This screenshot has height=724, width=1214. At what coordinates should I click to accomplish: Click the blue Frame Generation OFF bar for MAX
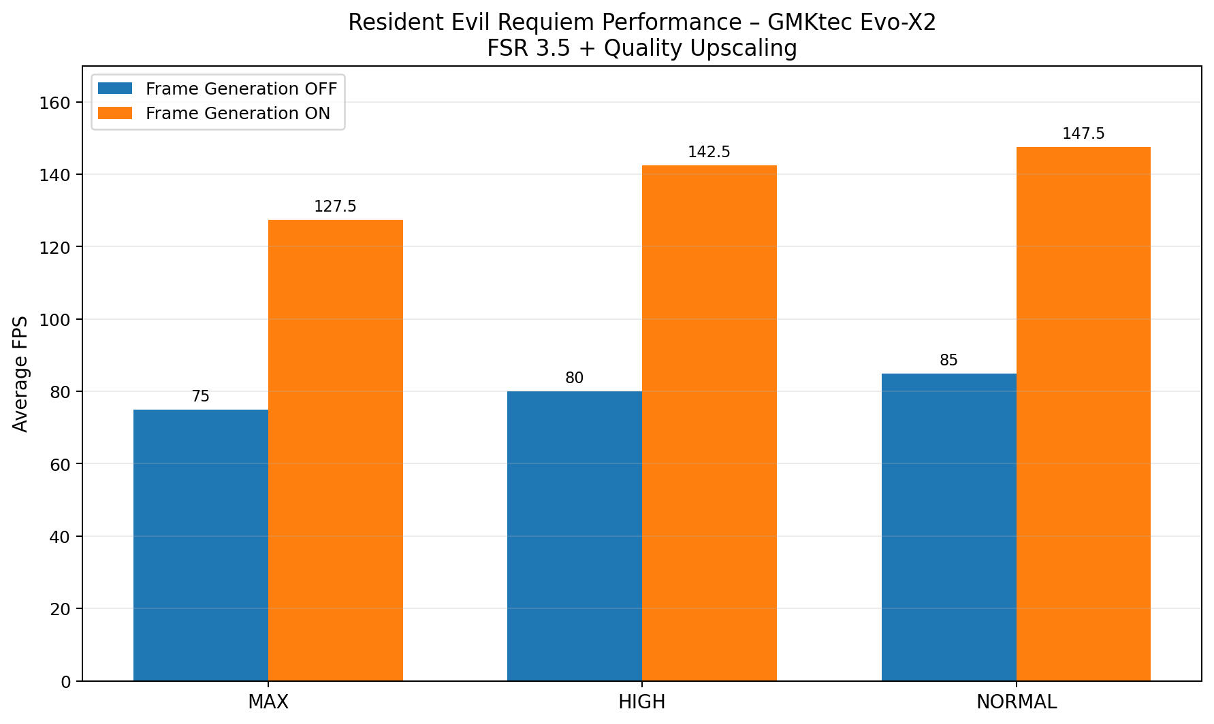201,544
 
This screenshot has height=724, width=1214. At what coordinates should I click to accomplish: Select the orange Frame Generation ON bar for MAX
335,450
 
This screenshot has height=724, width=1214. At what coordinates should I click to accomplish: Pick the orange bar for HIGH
709,423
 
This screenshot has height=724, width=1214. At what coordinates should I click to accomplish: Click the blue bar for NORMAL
948,527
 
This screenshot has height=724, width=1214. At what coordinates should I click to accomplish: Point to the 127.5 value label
335,206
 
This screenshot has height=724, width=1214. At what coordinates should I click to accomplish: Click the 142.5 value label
709,152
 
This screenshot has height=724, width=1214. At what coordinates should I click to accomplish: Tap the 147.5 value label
1083,133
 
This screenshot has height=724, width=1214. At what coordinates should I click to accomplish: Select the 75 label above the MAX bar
201,396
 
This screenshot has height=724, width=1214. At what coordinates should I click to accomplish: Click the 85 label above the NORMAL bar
948,360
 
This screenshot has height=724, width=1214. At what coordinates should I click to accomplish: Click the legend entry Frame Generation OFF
241,89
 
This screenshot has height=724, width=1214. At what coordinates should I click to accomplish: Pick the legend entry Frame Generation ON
238,114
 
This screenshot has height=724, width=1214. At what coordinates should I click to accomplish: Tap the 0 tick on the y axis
65,682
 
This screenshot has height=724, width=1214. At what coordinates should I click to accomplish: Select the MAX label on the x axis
268,702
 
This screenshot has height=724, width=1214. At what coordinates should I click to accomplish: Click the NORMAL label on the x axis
1016,702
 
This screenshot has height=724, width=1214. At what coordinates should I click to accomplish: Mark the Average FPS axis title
21,374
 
